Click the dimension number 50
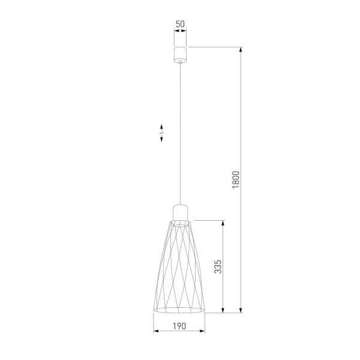point(179,25)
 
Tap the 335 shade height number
point(218,267)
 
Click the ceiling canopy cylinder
point(179,53)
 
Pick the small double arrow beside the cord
point(162,133)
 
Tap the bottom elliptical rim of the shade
point(179,311)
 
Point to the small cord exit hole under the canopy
point(179,61)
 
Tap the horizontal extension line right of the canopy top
point(216,46)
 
